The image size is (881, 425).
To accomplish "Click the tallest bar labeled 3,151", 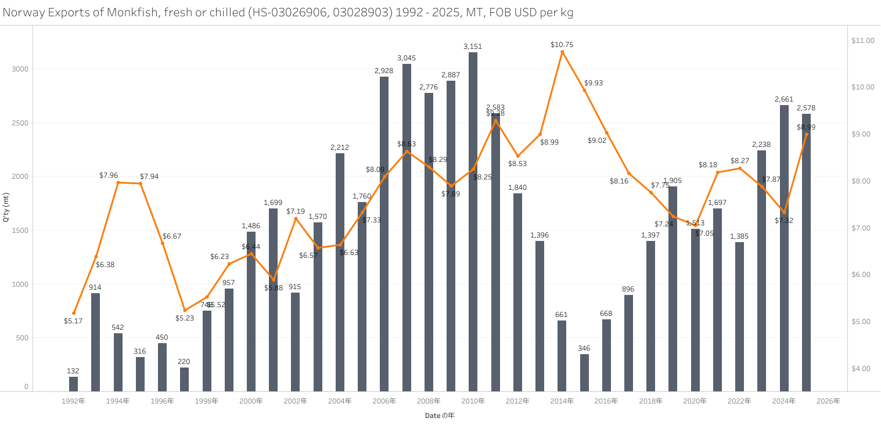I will pyautogui.click(x=473, y=221).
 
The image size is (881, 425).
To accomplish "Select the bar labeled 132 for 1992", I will pyautogui.click(x=73, y=384).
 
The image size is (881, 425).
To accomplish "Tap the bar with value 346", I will pyautogui.click(x=584, y=372).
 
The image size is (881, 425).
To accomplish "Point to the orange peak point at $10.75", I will pyautogui.click(x=562, y=52).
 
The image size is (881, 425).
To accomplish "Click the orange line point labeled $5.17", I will pyautogui.click(x=74, y=313).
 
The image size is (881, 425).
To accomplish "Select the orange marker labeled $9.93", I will pyautogui.click(x=584, y=90).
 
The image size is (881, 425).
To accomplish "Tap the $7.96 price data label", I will pyautogui.click(x=109, y=175).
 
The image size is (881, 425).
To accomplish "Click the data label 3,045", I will pyautogui.click(x=407, y=58).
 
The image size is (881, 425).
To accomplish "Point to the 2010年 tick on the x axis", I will pyautogui.click(x=473, y=401).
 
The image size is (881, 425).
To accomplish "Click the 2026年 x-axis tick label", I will pyautogui.click(x=828, y=401).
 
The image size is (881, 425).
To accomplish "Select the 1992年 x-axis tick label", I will pyautogui.click(x=73, y=401).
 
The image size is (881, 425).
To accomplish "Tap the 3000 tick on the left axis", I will pyautogui.click(x=20, y=69).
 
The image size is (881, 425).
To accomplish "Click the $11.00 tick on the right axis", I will pyautogui.click(x=862, y=41).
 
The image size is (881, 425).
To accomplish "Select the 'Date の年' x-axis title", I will pyautogui.click(x=440, y=416).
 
